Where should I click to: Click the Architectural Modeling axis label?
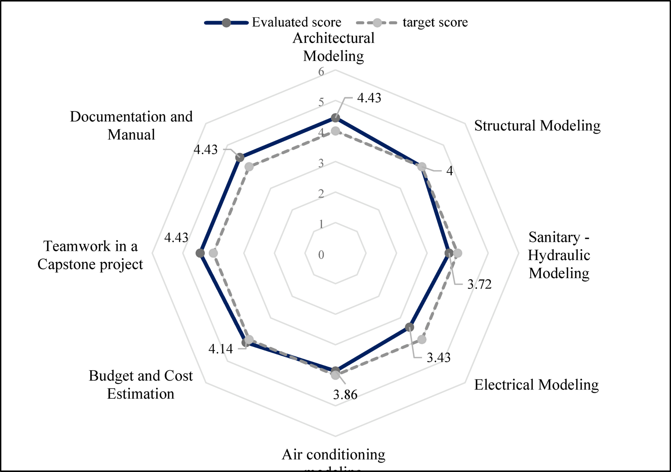pyautogui.click(x=334, y=47)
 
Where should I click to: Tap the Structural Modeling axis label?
pyautogui.click(x=537, y=126)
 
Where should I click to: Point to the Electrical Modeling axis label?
pyautogui.click(x=536, y=385)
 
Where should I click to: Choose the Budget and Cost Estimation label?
pyautogui.click(x=141, y=384)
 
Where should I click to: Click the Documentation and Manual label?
pyautogui.click(x=131, y=125)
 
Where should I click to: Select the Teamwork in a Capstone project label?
pyautogui.click(x=90, y=255)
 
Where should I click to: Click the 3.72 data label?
pyautogui.click(x=479, y=284)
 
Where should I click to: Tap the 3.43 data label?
pyautogui.click(x=438, y=357)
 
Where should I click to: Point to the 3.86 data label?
pyautogui.click(x=345, y=395)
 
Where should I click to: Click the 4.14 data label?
pyautogui.click(x=220, y=349)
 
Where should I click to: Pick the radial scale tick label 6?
pyautogui.click(x=321, y=71)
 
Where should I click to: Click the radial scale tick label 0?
pyautogui.click(x=321, y=255)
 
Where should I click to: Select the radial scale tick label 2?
pyautogui.click(x=321, y=194)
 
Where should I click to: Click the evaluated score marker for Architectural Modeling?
pyautogui.click(x=335, y=118)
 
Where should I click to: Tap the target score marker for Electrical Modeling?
pyautogui.click(x=422, y=340)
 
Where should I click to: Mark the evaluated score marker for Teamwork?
pyautogui.click(x=200, y=253)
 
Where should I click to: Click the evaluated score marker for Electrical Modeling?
pyautogui.click(x=410, y=327)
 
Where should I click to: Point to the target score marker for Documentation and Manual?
pyautogui.click(x=249, y=167)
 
